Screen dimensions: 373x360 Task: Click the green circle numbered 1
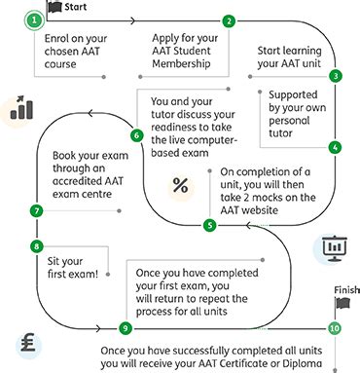(37, 19)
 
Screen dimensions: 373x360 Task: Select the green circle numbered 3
(336, 75)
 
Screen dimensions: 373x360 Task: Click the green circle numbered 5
(210, 226)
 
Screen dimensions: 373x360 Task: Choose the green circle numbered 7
(37, 210)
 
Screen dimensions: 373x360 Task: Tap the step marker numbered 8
(37, 246)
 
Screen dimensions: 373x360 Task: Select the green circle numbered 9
(125, 327)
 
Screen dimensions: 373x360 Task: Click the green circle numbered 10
(335, 328)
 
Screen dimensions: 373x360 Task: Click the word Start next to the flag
(77, 6)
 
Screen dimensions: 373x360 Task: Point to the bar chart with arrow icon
(19, 108)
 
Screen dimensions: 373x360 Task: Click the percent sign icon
(180, 185)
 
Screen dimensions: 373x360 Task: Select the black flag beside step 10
(340, 305)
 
